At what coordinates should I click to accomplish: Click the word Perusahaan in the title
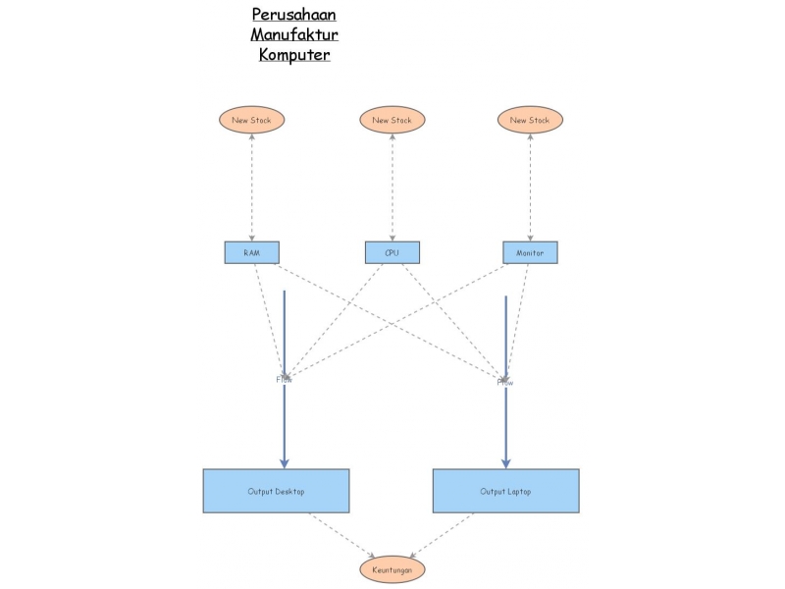tap(294, 15)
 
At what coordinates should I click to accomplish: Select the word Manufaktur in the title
tap(294, 34)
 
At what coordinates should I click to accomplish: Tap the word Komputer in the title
tap(294, 54)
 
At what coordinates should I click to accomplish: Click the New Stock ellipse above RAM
tap(252, 120)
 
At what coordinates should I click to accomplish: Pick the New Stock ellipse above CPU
tap(392, 120)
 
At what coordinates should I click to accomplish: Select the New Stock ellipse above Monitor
tap(530, 120)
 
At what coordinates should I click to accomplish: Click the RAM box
tap(252, 252)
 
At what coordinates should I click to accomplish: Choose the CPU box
tap(392, 252)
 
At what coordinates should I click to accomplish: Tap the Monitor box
tap(530, 252)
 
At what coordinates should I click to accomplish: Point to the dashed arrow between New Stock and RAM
tap(252, 187)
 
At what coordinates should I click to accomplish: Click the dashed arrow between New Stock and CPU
tap(392, 187)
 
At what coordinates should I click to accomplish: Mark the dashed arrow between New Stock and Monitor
tap(530, 187)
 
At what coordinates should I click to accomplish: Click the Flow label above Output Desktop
tap(284, 379)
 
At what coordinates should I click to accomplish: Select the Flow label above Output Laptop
tap(505, 382)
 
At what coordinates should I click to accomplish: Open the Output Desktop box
tap(276, 491)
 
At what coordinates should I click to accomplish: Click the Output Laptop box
tap(505, 491)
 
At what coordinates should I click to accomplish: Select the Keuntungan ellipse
tap(392, 569)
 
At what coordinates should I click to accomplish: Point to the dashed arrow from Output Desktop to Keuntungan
tap(342, 535)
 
